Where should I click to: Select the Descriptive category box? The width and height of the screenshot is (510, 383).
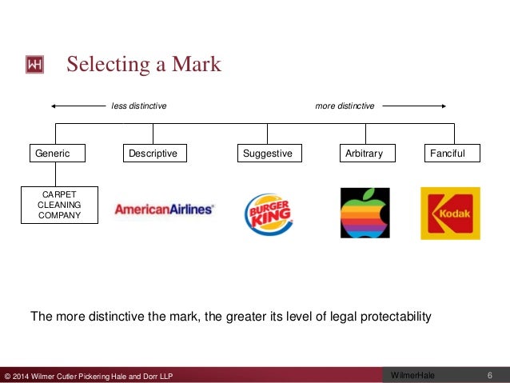(153, 153)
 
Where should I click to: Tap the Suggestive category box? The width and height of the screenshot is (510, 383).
(268, 153)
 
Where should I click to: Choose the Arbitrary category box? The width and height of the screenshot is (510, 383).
(364, 153)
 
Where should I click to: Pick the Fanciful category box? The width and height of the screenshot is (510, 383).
(451, 153)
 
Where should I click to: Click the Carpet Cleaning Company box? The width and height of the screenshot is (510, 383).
(60, 204)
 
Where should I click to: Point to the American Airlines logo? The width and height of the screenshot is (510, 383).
(164, 210)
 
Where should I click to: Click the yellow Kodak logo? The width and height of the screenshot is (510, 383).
(450, 213)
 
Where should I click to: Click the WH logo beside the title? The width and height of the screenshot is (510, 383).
(34, 64)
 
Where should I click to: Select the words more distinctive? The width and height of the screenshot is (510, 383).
(345, 106)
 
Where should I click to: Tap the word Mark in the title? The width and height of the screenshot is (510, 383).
(193, 64)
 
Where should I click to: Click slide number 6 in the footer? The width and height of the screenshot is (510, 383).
(489, 375)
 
